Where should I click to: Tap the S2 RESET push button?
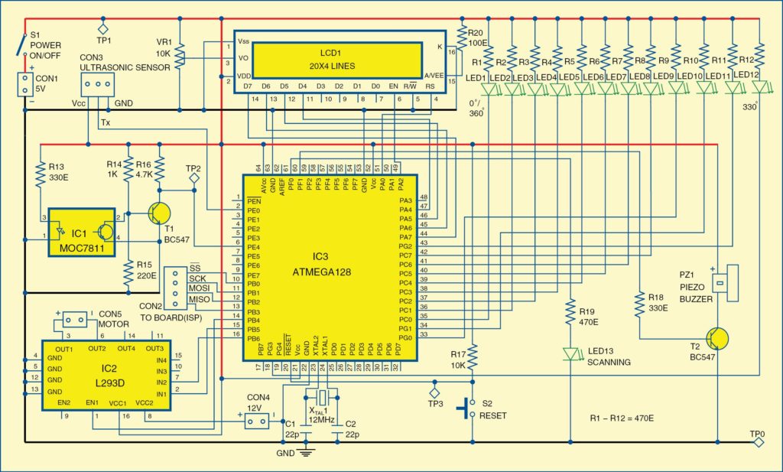tap(464, 408)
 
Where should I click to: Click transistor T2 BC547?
tap(717, 339)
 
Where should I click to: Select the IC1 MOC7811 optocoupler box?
tap(80, 232)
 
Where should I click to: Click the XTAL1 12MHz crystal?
tap(322, 397)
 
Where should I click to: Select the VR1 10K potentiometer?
tap(179, 55)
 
